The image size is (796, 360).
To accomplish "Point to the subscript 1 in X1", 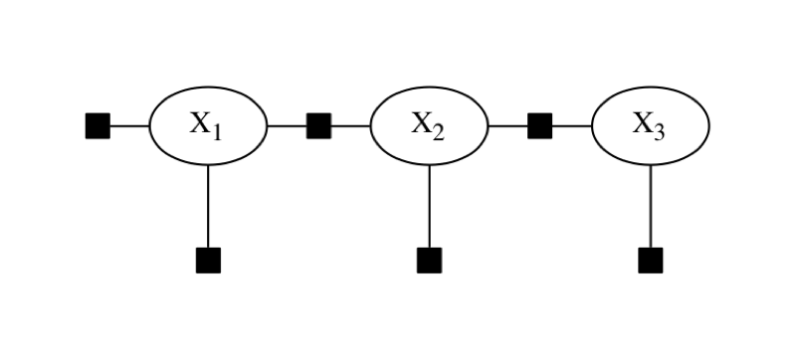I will [x=218, y=132].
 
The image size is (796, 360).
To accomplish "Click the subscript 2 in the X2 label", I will [x=439, y=132].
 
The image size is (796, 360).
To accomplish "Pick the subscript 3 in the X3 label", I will [x=660, y=132].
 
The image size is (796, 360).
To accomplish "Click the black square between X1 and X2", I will [x=318, y=126].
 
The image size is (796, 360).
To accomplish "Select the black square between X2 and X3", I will [x=539, y=126].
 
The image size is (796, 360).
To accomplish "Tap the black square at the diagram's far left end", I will [x=98, y=126].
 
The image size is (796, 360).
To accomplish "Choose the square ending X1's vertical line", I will [x=208, y=261].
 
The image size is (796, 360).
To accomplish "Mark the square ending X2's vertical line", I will [x=429, y=261].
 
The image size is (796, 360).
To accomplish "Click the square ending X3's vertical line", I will [x=650, y=261].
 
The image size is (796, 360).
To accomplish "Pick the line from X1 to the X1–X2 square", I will [x=287, y=126].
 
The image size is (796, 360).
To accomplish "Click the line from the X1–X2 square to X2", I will [x=350, y=126].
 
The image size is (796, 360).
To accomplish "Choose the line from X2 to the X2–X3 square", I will [x=507, y=126].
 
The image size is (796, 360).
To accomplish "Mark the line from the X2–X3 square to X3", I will [x=571, y=126].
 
